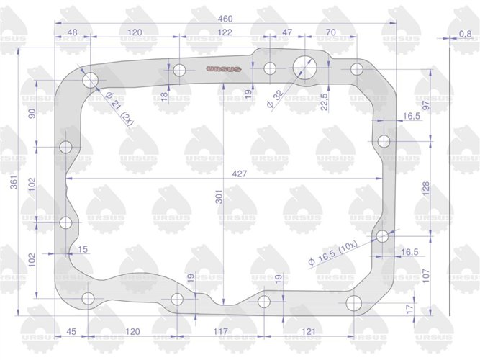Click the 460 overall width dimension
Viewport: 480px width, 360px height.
tap(225, 19)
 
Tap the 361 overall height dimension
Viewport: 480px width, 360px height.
tap(14, 183)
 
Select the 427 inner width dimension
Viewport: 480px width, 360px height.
tap(240, 174)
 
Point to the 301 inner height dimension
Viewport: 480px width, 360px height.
tap(219, 197)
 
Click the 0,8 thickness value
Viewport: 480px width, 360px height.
tap(466, 34)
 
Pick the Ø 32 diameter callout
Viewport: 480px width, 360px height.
tap(275, 100)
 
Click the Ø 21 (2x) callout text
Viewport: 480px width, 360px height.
tap(119, 109)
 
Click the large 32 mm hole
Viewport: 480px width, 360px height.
tap(304, 68)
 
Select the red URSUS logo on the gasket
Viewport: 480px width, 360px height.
tap(224, 69)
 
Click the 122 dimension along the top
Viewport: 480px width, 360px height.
tap(225, 32)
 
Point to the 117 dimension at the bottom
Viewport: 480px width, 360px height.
tap(220, 331)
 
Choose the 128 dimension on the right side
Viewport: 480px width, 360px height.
tap(426, 189)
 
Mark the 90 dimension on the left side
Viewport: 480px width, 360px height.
tap(32, 113)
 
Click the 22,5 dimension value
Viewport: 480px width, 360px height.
tap(324, 102)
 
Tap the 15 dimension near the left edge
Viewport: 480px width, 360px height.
tap(83, 249)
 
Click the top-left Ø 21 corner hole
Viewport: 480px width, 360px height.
tap(90, 80)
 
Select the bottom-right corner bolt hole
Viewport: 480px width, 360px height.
tap(353, 303)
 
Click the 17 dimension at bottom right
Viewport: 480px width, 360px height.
tap(410, 309)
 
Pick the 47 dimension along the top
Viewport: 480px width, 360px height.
tap(287, 32)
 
